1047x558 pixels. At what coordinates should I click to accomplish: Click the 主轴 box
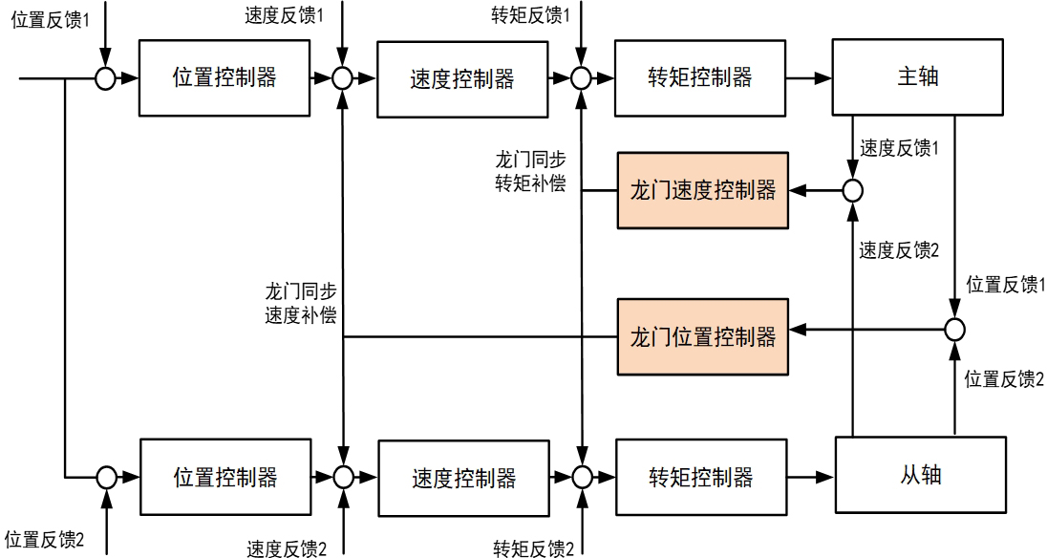pyautogui.click(x=917, y=77)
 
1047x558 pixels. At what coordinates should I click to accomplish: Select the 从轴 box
pyautogui.click(x=920, y=475)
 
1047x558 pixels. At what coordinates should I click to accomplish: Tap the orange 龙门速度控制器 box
pyautogui.click(x=703, y=189)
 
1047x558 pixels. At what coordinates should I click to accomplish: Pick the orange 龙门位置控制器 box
pyautogui.click(x=703, y=335)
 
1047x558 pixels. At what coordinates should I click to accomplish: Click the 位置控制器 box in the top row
pyautogui.click(x=224, y=78)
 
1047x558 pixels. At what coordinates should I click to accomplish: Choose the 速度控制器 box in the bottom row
pyautogui.click(x=463, y=476)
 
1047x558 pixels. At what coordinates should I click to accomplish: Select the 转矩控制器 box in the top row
pyautogui.click(x=700, y=78)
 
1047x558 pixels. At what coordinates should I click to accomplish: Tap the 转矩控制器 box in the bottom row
pyautogui.click(x=700, y=476)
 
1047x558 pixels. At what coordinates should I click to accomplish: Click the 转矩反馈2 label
pyautogui.click(x=533, y=547)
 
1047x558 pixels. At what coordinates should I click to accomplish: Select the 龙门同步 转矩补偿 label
pyautogui.click(x=525, y=170)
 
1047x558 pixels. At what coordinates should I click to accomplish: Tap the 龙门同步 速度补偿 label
pyautogui.click(x=300, y=303)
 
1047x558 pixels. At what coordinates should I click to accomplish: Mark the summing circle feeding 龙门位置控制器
pyautogui.click(x=953, y=331)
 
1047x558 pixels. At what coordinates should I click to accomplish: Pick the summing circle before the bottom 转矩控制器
pyautogui.click(x=581, y=476)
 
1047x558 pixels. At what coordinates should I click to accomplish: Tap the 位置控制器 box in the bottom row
pyautogui.click(x=224, y=476)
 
